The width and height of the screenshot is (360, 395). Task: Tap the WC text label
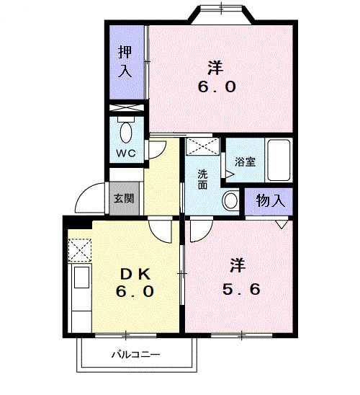click(127, 154)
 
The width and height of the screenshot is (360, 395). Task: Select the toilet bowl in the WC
click(127, 132)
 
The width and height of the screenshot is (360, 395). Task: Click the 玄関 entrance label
click(120, 197)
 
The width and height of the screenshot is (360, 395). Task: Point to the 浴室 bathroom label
click(245, 162)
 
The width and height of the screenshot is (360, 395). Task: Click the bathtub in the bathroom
click(277, 161)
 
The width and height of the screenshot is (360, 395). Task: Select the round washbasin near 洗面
click(230, 200)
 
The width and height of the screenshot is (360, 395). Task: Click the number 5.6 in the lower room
click(242, 289)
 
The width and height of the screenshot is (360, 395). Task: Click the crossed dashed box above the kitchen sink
click(79, 250)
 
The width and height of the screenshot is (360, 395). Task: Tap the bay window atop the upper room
click(222, 13)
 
